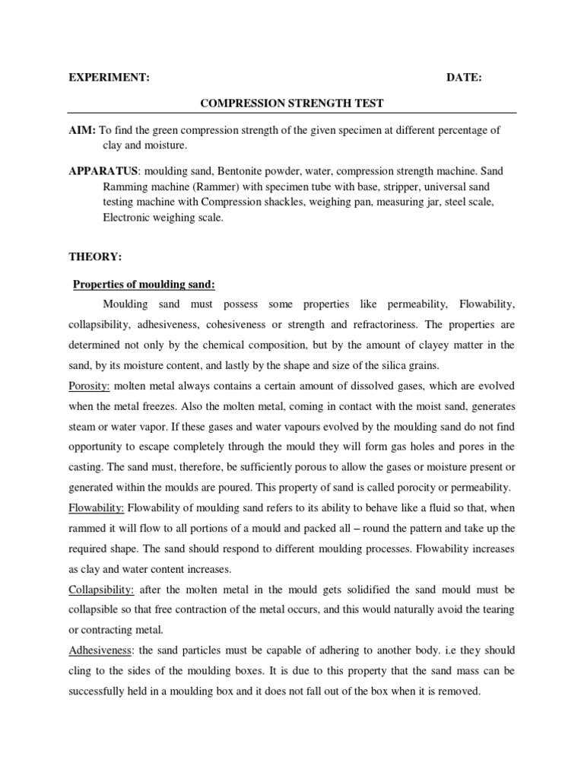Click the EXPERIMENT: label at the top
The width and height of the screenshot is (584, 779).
(x=109, y=78)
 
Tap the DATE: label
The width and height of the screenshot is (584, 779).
(x=463, y=78)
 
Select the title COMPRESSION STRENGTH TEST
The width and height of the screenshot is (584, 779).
(x=292, y=103)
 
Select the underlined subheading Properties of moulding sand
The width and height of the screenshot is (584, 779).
(x=144, y=285)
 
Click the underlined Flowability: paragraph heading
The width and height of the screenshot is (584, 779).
(x=97, y=507)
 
